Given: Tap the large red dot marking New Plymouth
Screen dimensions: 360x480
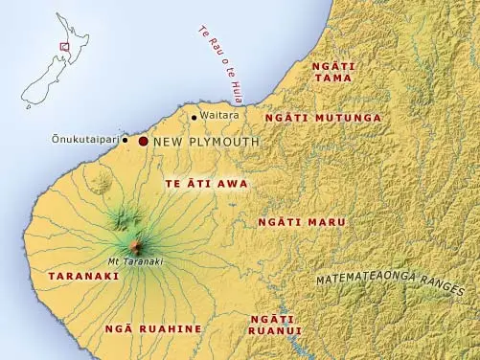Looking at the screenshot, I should click(144, 141).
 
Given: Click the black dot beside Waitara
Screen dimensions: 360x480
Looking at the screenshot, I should click(194, 117).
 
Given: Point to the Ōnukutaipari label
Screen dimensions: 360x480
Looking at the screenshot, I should click(85, 140).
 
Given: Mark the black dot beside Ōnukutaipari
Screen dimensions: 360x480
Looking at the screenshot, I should click(126, 140).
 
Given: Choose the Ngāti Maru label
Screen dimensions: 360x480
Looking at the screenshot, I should click(302, 222).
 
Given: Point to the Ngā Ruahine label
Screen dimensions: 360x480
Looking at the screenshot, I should click(154, 328).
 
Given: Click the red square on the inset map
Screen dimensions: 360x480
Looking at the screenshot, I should click(64, 45).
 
